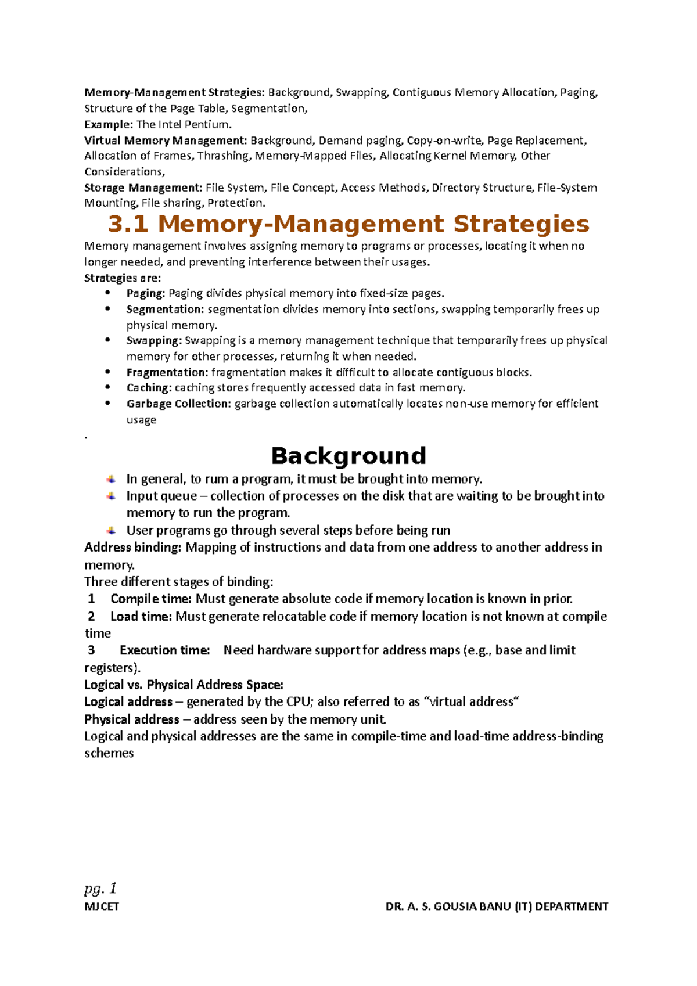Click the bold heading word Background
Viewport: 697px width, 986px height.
pyautogui.click(x=348, y=456)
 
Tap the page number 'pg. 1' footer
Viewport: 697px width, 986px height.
pyautogui.click(x=100, y=888)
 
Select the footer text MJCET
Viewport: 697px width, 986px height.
pyautogui.click(x=102, y=906)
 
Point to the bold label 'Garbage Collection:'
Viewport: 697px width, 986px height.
pyautogui.click(x=179, y=404)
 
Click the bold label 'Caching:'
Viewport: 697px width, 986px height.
pyautogui.click(x=149, y=388)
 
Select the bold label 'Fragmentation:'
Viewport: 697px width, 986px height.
pyautogui.click(x=167, y=372)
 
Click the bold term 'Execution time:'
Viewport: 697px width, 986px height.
pyautogui.click(x=164, y=650)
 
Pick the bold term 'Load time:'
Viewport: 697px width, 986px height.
pyautogui.click(x=141, y=616)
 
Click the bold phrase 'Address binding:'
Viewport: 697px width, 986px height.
pyautogui.click(x=133, y=548)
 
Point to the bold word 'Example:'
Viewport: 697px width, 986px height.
pyautogui.click(x=109, y=124)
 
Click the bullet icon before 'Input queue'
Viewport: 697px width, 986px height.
pyautogui.click(x=111, y=496)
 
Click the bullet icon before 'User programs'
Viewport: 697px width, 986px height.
pyautogui.click(x=111, y=531)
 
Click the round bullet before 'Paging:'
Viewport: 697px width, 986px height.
pyautogui.click(x=107, y=293)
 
